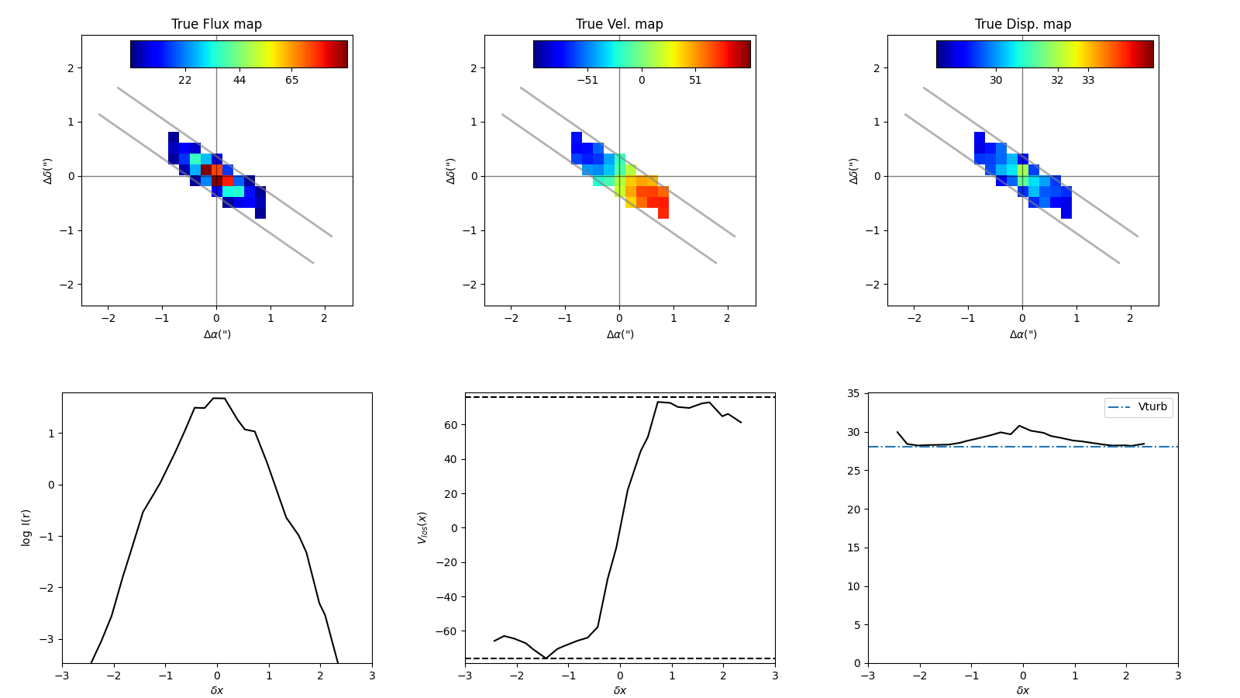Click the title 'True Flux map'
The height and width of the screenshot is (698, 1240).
pos(216,24)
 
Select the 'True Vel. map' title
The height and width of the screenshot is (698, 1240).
pos(619,24)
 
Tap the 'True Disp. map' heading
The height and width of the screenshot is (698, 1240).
pos(1023,24)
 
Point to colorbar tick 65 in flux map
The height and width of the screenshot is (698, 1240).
pos(291,80)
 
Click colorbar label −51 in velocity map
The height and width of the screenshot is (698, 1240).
pos(587,80)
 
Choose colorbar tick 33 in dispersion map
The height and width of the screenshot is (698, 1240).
pos(1088,80)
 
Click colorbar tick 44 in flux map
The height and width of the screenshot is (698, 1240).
pos(239,80)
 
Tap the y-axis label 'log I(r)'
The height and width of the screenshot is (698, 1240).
pos(26,527)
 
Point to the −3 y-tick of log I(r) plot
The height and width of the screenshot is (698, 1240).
pos(51,640)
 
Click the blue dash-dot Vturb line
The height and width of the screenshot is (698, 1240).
pos(969,447)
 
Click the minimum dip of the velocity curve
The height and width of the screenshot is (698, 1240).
pos(546,658)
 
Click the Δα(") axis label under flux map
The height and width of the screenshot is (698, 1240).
pos(217,334)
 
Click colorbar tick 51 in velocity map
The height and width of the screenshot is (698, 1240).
pos(695,80)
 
